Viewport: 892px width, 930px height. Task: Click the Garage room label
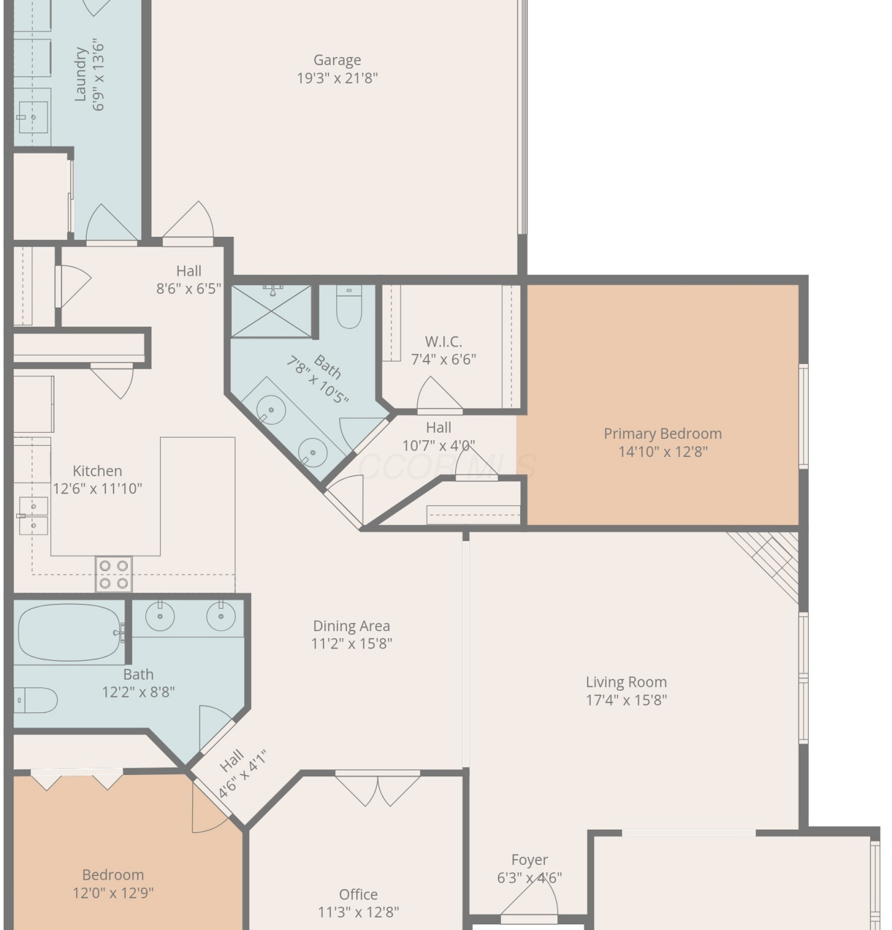pos(337,60)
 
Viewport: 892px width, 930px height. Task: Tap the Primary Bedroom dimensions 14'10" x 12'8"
pos(663,451)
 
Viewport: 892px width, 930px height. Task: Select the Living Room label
pos(626,682)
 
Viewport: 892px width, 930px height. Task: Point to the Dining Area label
pos(351,626)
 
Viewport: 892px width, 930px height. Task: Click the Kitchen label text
pos(97,471)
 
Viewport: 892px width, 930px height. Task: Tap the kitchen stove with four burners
pos(113,574)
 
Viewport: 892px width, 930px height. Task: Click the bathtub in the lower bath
pos(70,633)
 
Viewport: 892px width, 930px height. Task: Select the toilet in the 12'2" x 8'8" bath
pos(36,701)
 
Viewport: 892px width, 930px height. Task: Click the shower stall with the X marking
pos(272,311)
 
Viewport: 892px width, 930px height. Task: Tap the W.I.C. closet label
pos(443,342)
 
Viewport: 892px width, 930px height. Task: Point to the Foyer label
pos(529,860)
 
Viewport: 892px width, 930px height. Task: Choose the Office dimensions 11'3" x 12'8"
pos(358,912)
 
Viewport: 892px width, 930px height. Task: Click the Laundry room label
pos(80,74)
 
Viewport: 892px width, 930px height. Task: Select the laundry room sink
pos(33,117)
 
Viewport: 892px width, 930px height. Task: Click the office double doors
pos(378,787)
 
